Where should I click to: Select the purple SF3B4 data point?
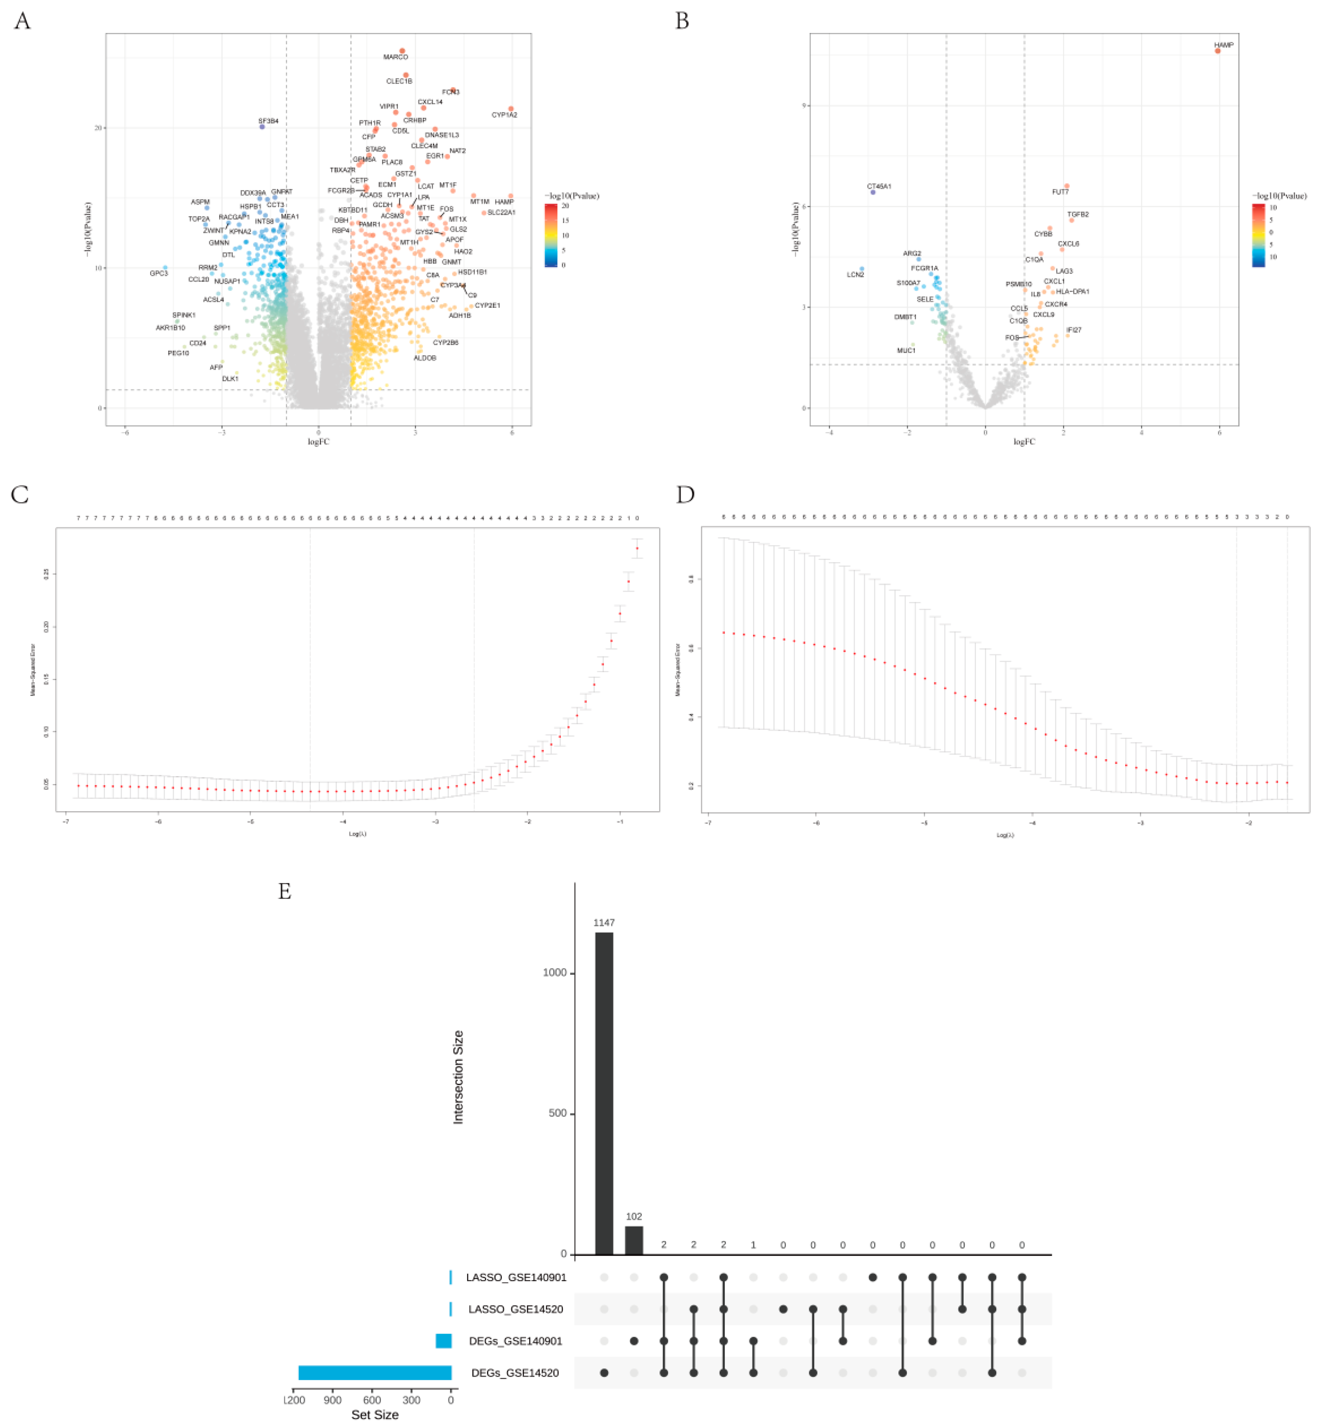[262, 127]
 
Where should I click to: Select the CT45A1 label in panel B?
[879, 186]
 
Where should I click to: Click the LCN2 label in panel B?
[855, 275]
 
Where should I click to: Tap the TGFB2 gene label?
[1078, 214]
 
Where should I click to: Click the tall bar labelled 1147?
[604, 1092]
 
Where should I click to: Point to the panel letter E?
[285, 891]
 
